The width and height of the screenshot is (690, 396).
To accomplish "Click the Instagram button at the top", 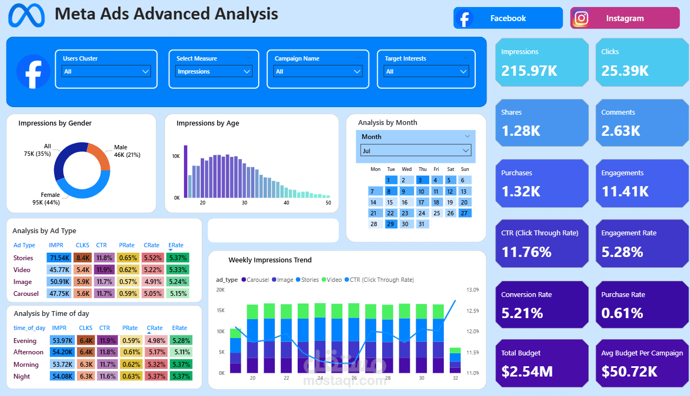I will coord(625,18).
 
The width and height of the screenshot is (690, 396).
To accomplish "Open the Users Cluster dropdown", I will coord(107,71).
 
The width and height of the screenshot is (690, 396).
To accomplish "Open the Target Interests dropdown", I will coord(426,71).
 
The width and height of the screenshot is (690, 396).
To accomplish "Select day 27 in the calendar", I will coord(464,213).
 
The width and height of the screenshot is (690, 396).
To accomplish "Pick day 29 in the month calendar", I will coord(391,224).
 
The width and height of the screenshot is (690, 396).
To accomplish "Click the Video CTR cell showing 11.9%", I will coord(104,270).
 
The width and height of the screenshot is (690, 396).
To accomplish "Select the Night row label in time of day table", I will coord(22,377).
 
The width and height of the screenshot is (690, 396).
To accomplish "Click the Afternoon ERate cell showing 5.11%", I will coord(180,353).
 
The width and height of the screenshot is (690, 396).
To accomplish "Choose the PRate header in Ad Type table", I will coord(127,245).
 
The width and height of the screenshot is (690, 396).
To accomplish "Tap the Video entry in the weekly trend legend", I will coord(334,280).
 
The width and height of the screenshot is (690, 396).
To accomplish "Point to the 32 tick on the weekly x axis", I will coord(455,378).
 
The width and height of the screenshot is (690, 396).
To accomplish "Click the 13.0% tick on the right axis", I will coord(472,290).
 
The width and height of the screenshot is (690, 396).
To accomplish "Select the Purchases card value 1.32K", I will coord(521,191).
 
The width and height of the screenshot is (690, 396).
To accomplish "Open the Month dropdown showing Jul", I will coord(416,150).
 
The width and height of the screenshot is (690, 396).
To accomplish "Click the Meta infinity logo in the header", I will coord(27,15).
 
